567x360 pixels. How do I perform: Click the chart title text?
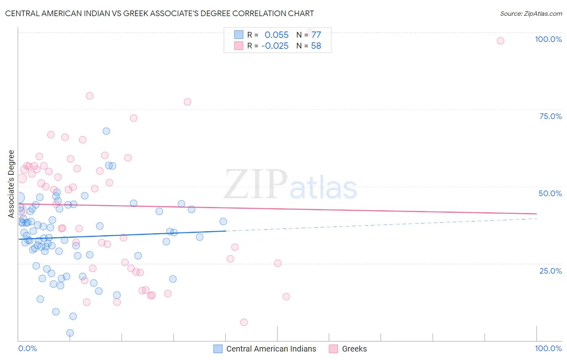coord(159,13)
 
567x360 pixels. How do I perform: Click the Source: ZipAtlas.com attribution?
coord(531,13)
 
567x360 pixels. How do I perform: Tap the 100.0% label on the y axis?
coord(548,39)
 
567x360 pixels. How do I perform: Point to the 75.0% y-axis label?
coord(550,116)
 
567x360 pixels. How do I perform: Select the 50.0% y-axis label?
coord(550,193)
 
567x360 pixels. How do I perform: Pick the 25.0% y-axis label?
coord(550,271)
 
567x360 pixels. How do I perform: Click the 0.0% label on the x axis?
coord(27,348)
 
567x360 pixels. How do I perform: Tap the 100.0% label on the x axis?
coord(548,348)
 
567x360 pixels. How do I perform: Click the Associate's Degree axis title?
coord(11,184)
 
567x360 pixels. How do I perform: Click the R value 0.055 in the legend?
coord(277,35)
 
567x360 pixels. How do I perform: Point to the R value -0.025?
coord(275,46)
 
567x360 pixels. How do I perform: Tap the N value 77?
coord(316,35)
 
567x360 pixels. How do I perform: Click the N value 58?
coord(316,46)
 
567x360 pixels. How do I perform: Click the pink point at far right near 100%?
coord(500,41)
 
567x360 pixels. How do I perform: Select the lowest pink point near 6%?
coord(244,322)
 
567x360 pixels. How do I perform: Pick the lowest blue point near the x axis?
coord(70,333)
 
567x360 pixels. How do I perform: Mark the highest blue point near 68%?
coord(106,131)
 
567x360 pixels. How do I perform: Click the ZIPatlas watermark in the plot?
coord(290,184)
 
